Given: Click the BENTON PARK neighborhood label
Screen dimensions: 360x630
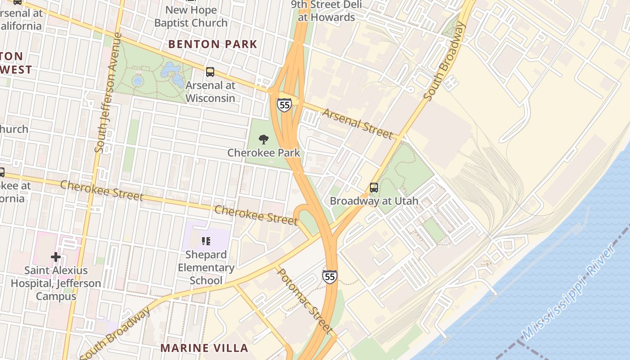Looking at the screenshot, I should pos(212,44).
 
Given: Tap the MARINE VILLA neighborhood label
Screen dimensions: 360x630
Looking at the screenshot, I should pos(204,348).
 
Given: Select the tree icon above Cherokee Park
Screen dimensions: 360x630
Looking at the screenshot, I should pos(264,139).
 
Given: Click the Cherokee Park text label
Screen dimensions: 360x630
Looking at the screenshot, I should pos(264,153).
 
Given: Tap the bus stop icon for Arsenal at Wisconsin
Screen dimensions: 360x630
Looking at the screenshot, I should pos(210,72).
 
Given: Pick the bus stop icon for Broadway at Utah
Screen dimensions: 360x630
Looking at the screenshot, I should pos(374,188).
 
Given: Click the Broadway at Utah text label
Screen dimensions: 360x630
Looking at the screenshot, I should pos(374,201).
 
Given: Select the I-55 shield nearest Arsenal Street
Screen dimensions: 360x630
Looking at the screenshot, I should pos(284,105).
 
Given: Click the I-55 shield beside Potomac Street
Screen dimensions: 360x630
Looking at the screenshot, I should pos(330,276).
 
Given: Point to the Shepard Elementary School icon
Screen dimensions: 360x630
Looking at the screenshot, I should pos(206,242).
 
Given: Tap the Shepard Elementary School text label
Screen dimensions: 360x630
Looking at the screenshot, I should pos(206,267).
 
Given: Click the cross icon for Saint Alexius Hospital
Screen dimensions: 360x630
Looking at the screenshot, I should pos(56,257).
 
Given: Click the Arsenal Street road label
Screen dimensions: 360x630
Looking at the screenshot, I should pos(358,123).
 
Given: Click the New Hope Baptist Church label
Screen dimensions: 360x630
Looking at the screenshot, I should pos(191,16).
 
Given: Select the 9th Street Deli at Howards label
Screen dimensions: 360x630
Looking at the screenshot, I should pos(323,11).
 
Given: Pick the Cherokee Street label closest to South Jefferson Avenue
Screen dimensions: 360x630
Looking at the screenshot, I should pos(102,191).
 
